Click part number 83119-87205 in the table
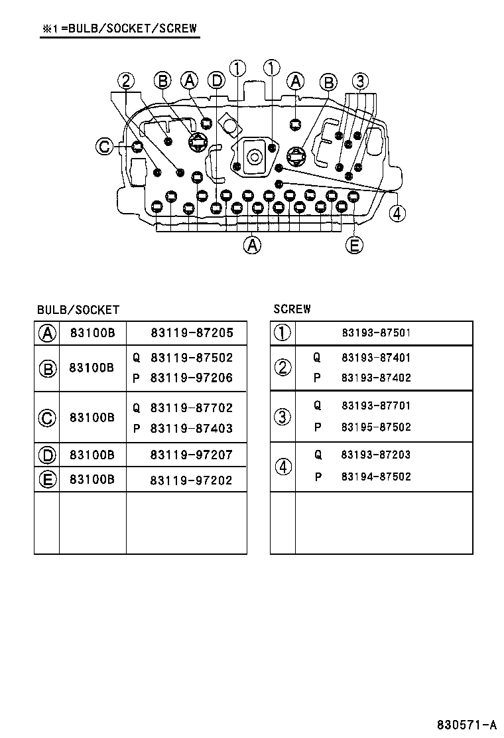(192, 333)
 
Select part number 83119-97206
(192, 378)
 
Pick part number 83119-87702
(192, 408)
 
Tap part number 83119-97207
(192, 455)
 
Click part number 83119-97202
(192, 480)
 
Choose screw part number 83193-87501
(376, 333)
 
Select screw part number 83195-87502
(376, 427)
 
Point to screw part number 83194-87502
(376, 477)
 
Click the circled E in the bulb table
(46, 480)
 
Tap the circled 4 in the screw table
(283, 467)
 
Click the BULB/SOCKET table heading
(78, 310)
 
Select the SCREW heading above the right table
(292, 309)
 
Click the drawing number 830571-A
(466, 724)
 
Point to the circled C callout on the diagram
(104, 146)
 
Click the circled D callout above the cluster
(216, 81)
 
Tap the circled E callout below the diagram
(354, 246)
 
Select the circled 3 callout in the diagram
(359, 81)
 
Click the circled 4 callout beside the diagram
(397, 213)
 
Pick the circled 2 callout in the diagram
(126, 81)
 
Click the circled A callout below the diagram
(251, 246)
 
